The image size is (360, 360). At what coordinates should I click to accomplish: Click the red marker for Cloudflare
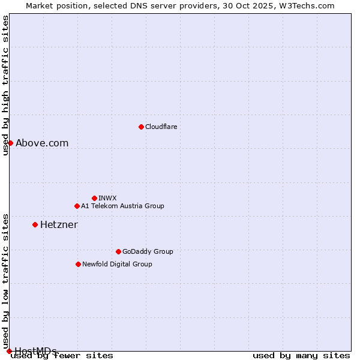(x=141, y=127)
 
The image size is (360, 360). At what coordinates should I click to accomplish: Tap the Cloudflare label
(x=161, y=127)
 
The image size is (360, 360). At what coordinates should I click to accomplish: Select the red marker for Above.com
(x=10, y=143)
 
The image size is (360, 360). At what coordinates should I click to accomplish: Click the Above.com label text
(x=42, y=143)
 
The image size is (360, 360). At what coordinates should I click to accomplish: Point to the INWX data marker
(x=94, y=198)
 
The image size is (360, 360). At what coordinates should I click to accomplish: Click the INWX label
(x=107, y=198)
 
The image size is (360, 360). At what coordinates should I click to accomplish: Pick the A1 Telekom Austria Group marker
(x=77, y=206)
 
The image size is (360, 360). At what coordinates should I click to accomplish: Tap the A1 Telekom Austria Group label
(x=122, y=206)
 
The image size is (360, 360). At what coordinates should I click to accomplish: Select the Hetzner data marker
(x=35, y=224)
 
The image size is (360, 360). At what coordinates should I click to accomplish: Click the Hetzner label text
(x=59, y=224)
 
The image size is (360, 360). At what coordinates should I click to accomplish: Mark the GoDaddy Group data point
(x=118, y=251)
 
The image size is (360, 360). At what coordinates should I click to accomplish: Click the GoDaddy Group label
(x=148, y=251)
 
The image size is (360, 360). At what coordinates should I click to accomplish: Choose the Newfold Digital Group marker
(x=78, y=264)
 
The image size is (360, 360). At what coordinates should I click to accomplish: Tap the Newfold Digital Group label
(x=117, y=264)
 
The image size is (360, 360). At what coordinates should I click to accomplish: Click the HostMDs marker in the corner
(x=9, y=351)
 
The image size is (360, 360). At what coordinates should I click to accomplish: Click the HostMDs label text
(x=35, y=351)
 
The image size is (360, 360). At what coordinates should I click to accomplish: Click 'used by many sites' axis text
(x=301, y=356)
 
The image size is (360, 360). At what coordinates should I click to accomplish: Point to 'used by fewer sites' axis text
(x=62, y=356)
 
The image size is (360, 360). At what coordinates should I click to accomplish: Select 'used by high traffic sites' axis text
(x=5, y=85)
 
